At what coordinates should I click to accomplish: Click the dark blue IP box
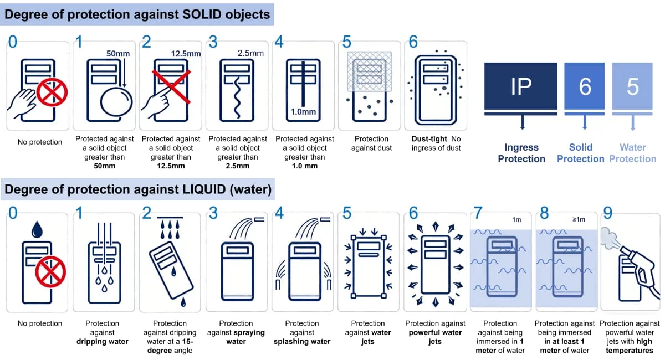[520, 87]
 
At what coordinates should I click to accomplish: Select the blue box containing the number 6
[585, 87]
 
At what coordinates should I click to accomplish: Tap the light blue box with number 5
[632, 87]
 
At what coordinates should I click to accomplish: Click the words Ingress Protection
[521, 153]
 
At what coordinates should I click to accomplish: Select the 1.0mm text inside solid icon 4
[303, 112]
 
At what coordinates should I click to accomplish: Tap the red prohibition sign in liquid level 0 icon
[50, 271]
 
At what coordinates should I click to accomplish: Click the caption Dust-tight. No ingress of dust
[436, 143]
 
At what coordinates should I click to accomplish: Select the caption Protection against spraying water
[236, 332]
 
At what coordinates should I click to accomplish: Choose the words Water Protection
[633, 153]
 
